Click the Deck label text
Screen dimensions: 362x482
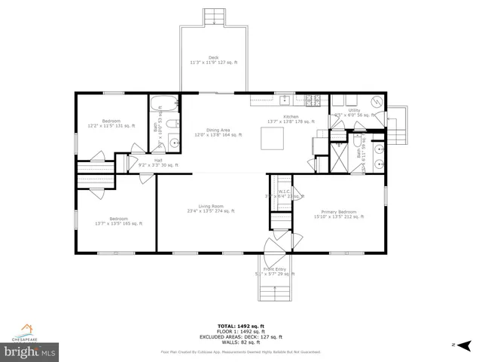[x=213, y=60]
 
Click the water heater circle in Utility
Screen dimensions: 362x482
[x=379, y=103]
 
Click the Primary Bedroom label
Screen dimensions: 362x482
[x=338, y=214]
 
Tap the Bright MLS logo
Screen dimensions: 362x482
[x=30, y=351]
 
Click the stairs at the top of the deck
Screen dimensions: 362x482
[x=214, y=17]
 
